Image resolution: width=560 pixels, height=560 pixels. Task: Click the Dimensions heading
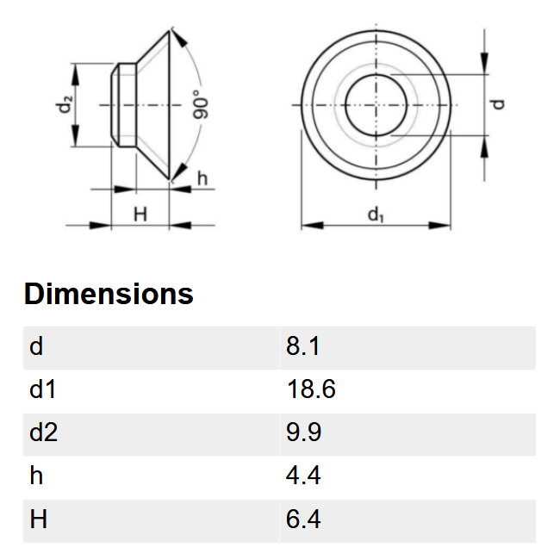click(x=109, y=294)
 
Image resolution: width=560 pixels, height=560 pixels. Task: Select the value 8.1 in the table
click(x=302, y=345)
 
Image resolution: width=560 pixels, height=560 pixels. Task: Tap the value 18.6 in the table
click(x=311, y=389)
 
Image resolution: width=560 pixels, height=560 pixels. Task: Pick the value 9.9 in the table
click(x=303, y=432)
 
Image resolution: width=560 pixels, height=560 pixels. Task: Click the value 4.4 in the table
click(x=303, y=475)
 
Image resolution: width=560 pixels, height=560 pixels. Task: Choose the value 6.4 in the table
click(x=303, y=519)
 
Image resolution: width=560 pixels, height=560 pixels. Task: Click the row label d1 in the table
click(x=42, y=389)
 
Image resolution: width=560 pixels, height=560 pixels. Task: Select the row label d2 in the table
click(x=43, y=432)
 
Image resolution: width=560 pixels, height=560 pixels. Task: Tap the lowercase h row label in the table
click(x=36, y=475)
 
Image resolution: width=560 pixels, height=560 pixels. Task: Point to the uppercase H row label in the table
click(x=38, y=519)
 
